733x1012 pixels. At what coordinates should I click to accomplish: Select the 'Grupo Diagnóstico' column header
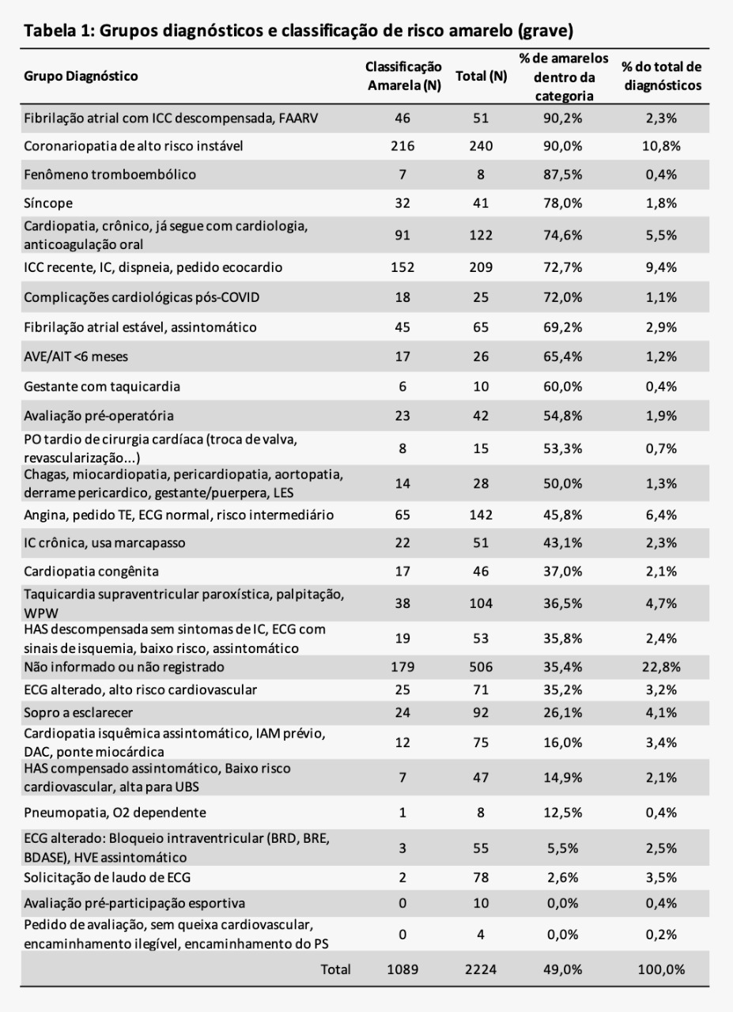click(x=81, y=76)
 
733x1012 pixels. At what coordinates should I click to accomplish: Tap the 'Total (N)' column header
click(x=481, y=76)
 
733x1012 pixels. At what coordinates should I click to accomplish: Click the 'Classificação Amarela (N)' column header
click(x=403, y=76)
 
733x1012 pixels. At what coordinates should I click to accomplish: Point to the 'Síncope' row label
click(x=48, y=203)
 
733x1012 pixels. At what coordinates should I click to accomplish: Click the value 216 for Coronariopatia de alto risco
click(x=402, y=146)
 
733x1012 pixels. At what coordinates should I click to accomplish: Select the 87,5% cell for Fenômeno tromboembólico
click(x=563, y=175)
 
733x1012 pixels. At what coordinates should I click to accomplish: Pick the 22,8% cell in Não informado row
click(x=661, y=666)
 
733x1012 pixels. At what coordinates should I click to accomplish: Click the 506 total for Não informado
click(x=481, y=666)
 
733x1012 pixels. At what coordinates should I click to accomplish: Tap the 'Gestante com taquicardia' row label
click(x=102, y=387)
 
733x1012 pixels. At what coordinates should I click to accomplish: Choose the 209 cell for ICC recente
click(x=481, y=267)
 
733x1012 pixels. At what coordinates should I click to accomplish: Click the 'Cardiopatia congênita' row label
click(x=91, y=571)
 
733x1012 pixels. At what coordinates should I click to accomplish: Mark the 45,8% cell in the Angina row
click(x=563, y=515)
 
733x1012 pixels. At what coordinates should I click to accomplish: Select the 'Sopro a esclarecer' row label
click(x=78, y=712)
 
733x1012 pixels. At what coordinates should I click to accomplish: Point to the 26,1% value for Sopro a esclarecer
click(x=563, y=712)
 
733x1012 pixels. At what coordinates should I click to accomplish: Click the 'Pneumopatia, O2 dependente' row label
click(x=115, y=812)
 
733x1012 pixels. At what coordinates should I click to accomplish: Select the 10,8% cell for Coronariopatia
click(x=661, y=146)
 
